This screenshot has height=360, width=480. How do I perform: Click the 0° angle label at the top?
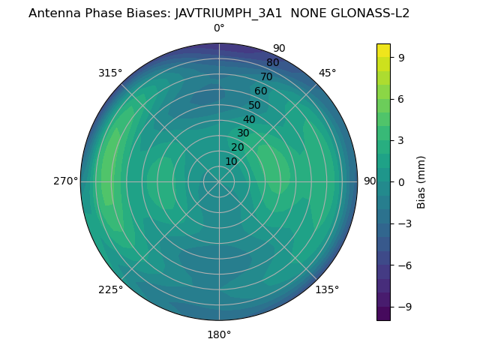click(219, 28)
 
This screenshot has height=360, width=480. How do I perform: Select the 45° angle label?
click(327, 73)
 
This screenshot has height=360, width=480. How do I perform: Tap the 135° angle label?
click(327, 290)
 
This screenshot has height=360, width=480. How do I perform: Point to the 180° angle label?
click(219, 334)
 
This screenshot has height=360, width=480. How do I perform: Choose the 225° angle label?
click(110, 290)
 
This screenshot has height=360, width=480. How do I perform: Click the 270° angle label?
click(65, 181)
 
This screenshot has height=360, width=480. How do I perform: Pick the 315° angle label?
click(110, 73)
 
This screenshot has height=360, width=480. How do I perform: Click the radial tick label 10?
click(231, 161)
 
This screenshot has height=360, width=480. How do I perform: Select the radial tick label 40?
click(249, 120)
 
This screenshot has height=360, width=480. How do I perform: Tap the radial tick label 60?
click(261, 91)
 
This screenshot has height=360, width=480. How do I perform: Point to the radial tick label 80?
click(273, 63)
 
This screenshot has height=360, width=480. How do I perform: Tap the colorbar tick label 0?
click(401, 181)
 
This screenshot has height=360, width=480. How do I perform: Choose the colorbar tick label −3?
click(404, 223)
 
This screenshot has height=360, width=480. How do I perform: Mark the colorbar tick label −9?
click(404, 307)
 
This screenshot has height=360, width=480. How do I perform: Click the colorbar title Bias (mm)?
click(421, 181)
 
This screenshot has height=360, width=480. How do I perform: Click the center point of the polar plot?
click(219, 181)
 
